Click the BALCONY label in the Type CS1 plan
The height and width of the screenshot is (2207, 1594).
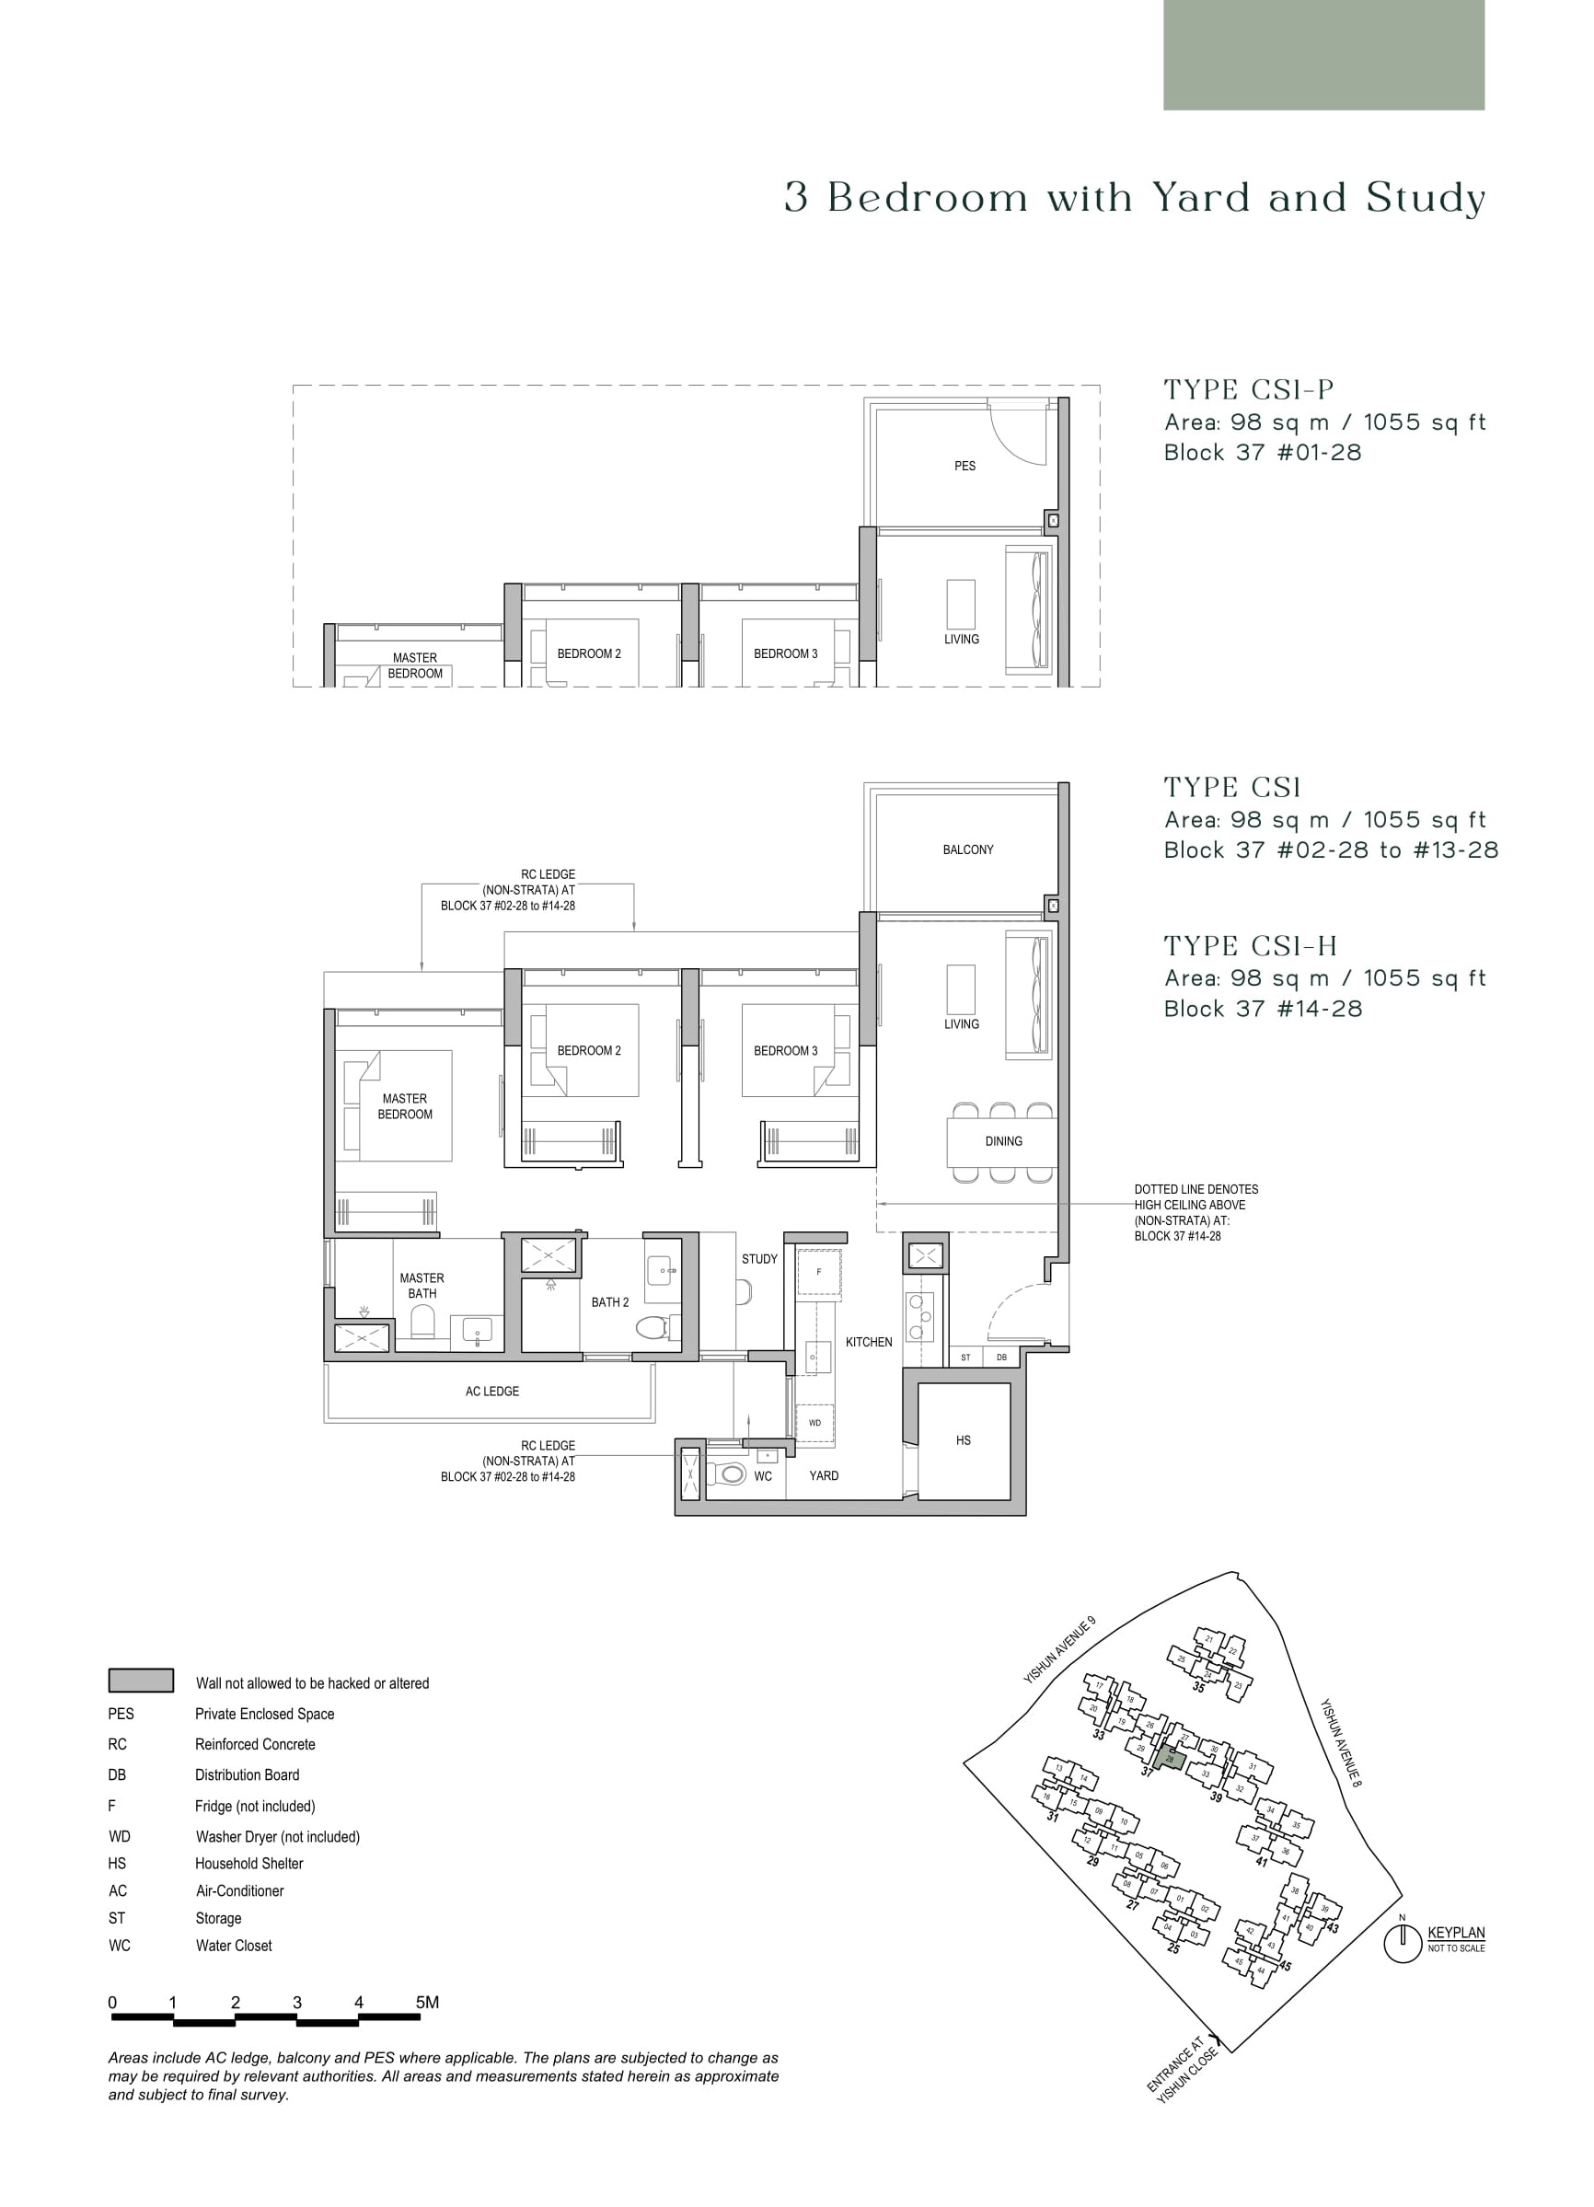(967, 849)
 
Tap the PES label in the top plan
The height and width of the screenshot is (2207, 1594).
(964, 466)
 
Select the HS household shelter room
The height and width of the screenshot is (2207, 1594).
(964, 1440)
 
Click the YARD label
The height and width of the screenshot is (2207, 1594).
(824, 1475)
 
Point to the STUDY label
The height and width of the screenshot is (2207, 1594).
(759, 1259)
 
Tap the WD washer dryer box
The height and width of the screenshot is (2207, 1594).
(815, 1423)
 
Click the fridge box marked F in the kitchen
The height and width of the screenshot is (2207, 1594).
(818, 1272)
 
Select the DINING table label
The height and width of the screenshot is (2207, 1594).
(1003, 1141)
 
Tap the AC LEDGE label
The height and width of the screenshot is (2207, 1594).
(491, 1392)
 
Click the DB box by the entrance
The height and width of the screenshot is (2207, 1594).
(1001, 1358)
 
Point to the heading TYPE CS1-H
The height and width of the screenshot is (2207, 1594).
(1250, 946)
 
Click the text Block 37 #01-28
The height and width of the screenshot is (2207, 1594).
(1262, 453)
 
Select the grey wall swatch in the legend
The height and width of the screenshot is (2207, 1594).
(141, 1681)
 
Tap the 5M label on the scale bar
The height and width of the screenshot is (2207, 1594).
(427, 2003)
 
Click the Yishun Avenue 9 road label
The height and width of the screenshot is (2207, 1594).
(1059, 1649)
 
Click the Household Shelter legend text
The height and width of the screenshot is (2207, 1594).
(249, 1864)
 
